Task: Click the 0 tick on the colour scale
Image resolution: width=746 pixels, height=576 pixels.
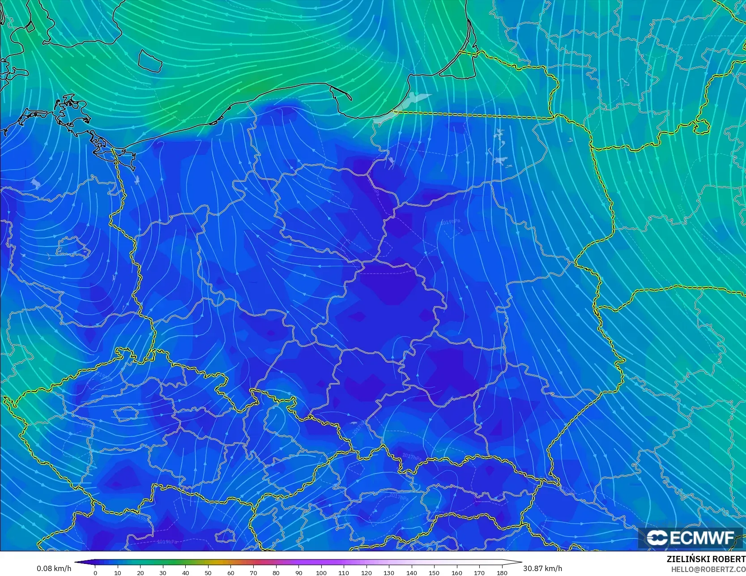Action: coord(95,572)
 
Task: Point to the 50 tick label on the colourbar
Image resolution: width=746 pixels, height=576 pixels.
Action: coord(208,572)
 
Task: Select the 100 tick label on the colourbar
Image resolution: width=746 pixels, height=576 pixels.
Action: coord(321,572)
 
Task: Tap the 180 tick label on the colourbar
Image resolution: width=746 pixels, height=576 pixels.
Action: coord(502,572)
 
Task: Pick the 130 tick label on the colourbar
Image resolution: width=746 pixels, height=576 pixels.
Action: coord(389,572)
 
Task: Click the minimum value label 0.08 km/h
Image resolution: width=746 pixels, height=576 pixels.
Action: coord(54,568)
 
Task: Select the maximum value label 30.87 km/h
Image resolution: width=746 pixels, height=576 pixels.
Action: coord(542,568)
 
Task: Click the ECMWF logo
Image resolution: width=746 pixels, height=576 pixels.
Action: coord(690,538)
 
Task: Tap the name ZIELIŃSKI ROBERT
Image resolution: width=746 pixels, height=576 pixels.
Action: coord(706,559)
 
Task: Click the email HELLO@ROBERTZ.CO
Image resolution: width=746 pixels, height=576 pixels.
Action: coord(708,569)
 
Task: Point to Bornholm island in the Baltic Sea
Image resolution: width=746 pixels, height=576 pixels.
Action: coord(150,60)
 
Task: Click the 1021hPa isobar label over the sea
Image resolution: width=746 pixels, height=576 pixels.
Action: coord(348,47)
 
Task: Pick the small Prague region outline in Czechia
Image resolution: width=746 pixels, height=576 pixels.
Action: coord(125,414)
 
